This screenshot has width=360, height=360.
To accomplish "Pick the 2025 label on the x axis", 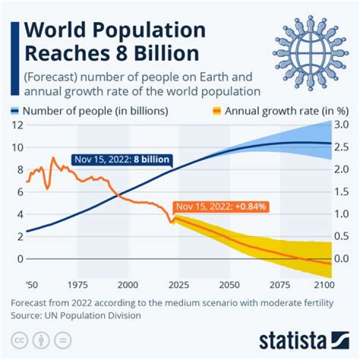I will coord(178,285).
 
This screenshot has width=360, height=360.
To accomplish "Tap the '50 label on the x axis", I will coord(31,285).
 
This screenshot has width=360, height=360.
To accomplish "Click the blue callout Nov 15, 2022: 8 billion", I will coord(122,160).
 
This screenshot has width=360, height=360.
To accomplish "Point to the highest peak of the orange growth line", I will coord(53,158).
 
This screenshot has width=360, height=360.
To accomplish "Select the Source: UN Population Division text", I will coord(75,315).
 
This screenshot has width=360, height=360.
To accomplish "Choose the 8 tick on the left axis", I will coord(20,169).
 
